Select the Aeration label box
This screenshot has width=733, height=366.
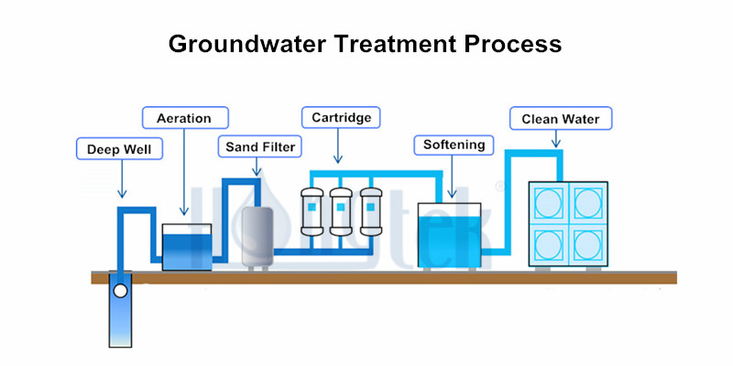184,118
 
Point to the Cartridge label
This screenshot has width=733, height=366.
340,117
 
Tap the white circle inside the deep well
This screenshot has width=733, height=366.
120,291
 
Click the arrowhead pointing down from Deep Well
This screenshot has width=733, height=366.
120,194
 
